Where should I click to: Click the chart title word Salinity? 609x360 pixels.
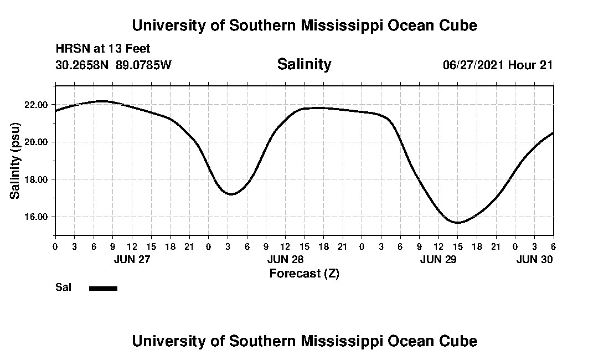coord(304,64)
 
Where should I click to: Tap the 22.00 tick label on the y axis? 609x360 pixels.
coord(36,105)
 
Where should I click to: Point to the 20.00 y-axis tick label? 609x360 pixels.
coord(36,142)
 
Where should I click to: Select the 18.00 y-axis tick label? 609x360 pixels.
coord(36,179)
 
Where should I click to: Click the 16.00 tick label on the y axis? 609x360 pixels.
coord(36,217)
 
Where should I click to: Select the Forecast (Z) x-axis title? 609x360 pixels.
coord(304,273)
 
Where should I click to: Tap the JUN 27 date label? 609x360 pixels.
coord(132,259)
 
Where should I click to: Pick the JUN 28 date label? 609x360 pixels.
coord(285,259)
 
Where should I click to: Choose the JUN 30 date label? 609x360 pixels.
coord(534,259)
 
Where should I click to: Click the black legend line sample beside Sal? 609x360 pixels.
coord(103,288)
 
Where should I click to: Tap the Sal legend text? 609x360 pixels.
coord(63,287)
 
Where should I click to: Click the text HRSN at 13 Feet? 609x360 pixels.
coord(103,49)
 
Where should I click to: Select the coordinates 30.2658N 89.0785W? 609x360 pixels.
coord(113,65)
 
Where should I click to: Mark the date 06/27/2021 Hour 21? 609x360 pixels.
coord(497,65)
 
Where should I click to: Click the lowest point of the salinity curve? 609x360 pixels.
coord(458,223)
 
